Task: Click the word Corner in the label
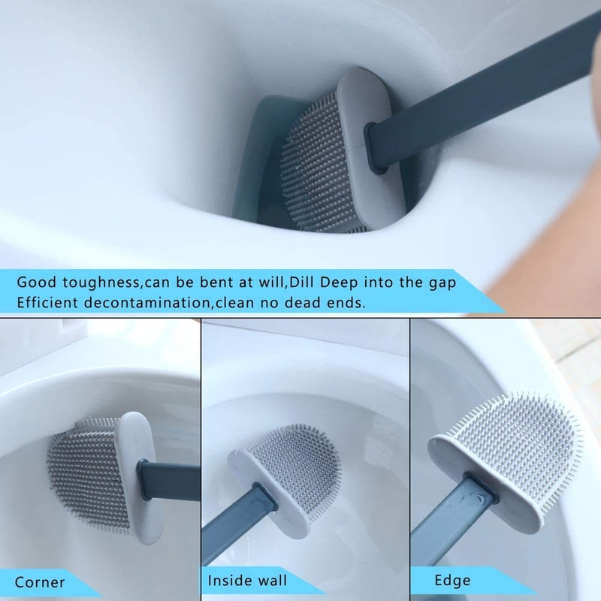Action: (x=39, y=582)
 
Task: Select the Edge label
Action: (x=452, y=580)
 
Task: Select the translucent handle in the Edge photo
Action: (x=451, y=526)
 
